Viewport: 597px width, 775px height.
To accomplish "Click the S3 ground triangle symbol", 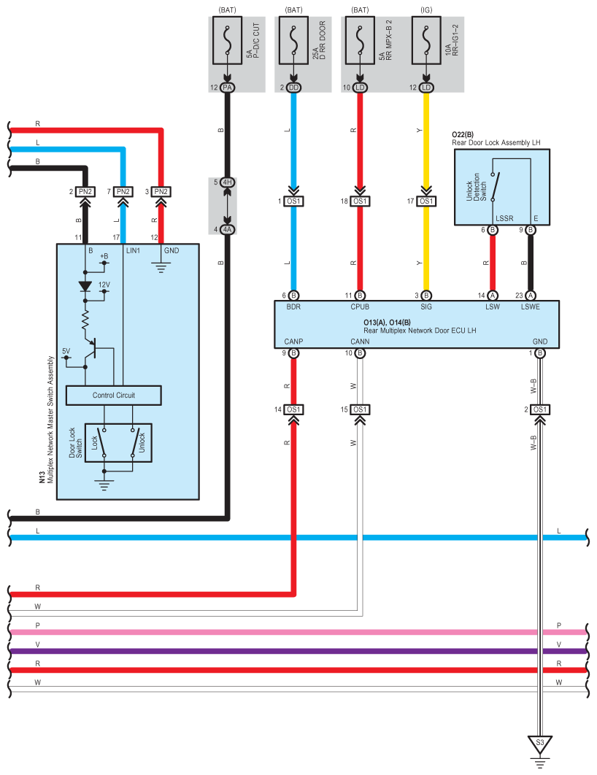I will pos(540,744).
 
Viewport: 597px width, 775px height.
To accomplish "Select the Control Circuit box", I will pos(113,396).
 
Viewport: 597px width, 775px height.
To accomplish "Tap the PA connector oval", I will pos(227,88).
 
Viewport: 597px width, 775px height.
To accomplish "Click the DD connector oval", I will pos(293,88).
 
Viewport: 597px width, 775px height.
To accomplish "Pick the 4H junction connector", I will pos(227,182).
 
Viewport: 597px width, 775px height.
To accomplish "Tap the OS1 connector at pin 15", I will pos(360,409).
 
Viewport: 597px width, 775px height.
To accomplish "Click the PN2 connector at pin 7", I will pos(123,192).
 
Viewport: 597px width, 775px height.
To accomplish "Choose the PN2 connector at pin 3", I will pos(161,192).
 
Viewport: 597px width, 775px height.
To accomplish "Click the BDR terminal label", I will pos(293,307).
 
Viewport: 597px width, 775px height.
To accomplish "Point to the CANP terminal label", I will pos(293,342).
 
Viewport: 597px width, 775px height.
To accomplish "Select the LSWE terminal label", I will pos(531,307).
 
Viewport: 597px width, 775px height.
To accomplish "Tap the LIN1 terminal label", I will pos(134,250).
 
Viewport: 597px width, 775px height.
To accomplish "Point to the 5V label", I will pos(66,351).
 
